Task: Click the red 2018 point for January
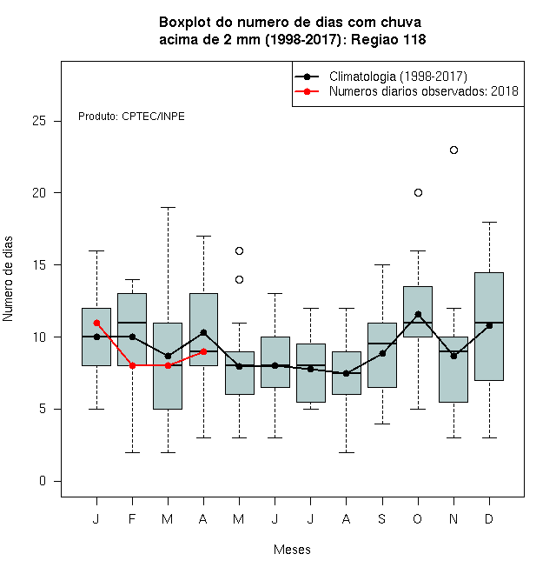[97, 323]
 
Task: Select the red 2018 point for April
[204, 352]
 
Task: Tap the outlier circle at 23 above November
[454, 150]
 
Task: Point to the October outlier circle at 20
[419, 192]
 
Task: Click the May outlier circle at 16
[239, 250]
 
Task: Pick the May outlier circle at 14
[239, 280]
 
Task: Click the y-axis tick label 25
[39, 121]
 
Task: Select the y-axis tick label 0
[43, 481]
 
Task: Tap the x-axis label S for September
[382, 518]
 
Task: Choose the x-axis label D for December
[489, 518]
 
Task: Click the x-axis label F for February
[132, 518]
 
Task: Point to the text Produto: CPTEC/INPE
[131, 117]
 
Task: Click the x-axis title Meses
[292, 550]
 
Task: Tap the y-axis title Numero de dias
[8, 279]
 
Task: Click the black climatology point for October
[419, 315]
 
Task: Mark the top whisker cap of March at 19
[169, 207]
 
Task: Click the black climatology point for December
[489, 325]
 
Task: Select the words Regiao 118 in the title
[388, 39]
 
